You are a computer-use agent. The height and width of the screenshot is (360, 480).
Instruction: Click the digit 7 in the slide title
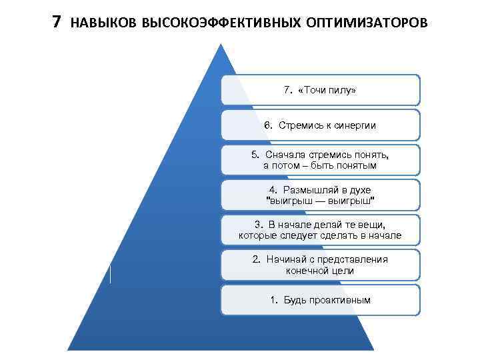click(57, 22)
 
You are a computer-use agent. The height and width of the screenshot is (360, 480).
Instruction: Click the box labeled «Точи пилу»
click(320, 90)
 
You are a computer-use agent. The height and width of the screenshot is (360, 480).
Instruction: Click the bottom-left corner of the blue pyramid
click(69, 349)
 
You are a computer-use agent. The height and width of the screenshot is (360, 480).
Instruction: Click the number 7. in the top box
click(288, 90)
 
